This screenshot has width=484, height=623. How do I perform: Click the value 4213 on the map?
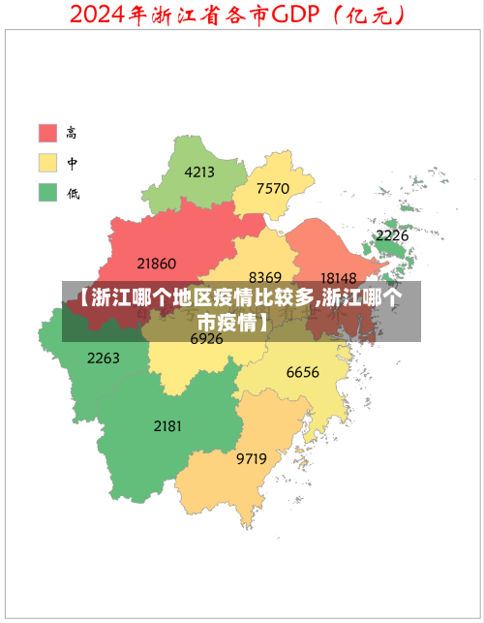(198, 172)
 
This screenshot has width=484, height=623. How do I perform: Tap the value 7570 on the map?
(273, 188)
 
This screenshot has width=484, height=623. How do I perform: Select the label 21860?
(156, 263)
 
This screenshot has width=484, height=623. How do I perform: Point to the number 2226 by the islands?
(392, 235)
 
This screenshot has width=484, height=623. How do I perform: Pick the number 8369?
(265, 277)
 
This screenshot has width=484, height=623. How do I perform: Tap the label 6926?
(206, 339)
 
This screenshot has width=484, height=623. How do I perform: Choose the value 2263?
(104, 358)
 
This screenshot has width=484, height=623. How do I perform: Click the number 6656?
(302, 372)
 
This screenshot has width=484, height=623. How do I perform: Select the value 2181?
(167, 425)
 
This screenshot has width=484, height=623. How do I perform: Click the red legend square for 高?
(47, 132)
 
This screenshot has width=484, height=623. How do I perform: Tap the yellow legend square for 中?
(47, 162)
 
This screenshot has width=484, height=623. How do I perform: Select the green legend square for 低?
(47, 192)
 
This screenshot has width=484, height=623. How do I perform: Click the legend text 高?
(73, 132)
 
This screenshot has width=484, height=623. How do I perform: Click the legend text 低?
(73, 192)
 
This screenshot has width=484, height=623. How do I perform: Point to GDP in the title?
(297, 16)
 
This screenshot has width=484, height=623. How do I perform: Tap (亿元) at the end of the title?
(367, 16)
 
